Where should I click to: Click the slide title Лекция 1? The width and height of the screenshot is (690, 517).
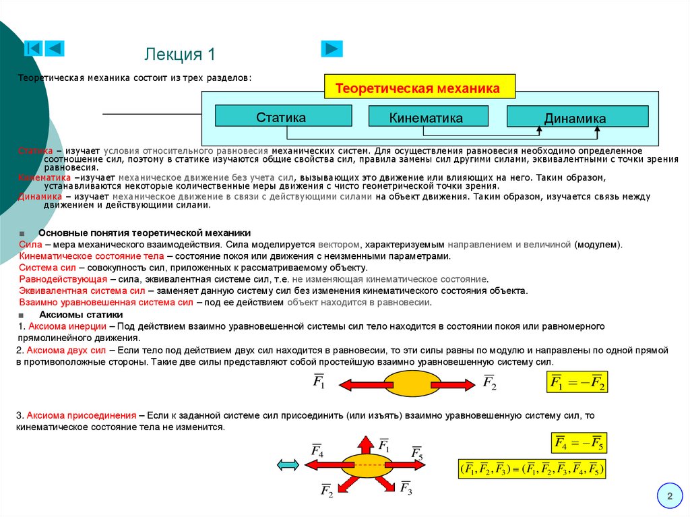[x=180, y=54]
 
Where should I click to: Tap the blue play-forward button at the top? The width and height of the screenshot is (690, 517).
[x=332, y=49]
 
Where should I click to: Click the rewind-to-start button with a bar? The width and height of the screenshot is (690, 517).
[x=33, y=49]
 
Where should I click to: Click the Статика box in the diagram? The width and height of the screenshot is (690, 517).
[x=283, y=117]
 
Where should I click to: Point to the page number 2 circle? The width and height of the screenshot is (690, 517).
[x=670, y=497]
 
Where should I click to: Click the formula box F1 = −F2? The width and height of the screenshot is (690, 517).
[x=577, y=384]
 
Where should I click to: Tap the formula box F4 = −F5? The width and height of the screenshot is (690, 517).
[x=579, y=443]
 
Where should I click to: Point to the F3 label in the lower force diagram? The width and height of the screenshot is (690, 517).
[x=406, y=487]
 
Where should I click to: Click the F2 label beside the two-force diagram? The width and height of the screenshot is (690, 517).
[x=489, y=382]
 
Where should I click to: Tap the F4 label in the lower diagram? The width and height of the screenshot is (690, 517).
[x=317, y=450]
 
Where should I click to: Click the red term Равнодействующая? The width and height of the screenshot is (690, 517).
[x=63, y=278]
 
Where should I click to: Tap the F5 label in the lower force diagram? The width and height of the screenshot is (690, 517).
[x=417, y=452]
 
